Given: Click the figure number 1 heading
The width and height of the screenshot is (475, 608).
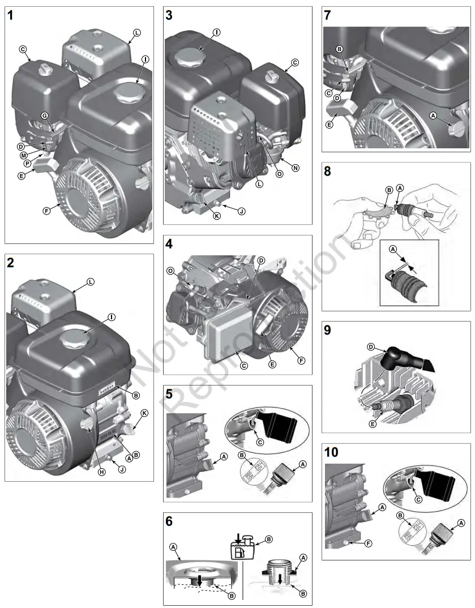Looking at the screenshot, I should [x=11, y=16].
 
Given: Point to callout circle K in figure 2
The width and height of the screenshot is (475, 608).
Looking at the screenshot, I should [x=144, y=413].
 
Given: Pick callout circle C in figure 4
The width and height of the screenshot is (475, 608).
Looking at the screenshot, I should [x=243, y=365].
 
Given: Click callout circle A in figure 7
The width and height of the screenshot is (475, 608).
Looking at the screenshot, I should [x=433, y=115].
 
